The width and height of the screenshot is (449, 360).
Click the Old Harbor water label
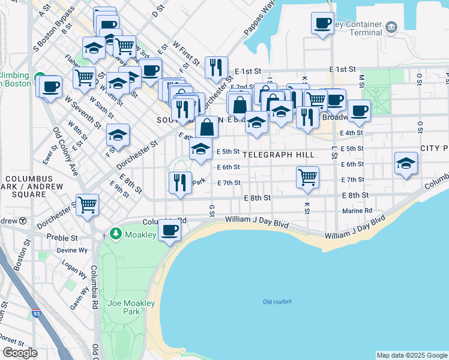277,301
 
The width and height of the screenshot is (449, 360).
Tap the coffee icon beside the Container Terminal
322,24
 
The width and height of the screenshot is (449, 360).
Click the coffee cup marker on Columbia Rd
170,230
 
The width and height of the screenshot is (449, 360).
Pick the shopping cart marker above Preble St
88,205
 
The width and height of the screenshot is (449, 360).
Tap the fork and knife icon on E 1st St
215,68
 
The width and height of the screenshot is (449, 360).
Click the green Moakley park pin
116,233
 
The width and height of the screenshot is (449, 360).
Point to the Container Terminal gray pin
391,26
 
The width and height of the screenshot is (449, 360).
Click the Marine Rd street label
357,211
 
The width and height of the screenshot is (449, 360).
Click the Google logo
20,352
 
